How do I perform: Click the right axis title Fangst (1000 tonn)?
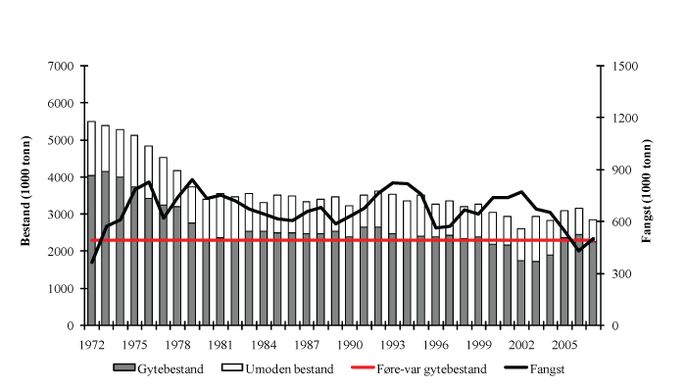click(648, 196)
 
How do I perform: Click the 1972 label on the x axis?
click(91, 346)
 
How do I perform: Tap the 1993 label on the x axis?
click(393, 346)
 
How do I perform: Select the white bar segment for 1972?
click(91, 148)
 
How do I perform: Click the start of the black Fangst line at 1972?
click(92, 262)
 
